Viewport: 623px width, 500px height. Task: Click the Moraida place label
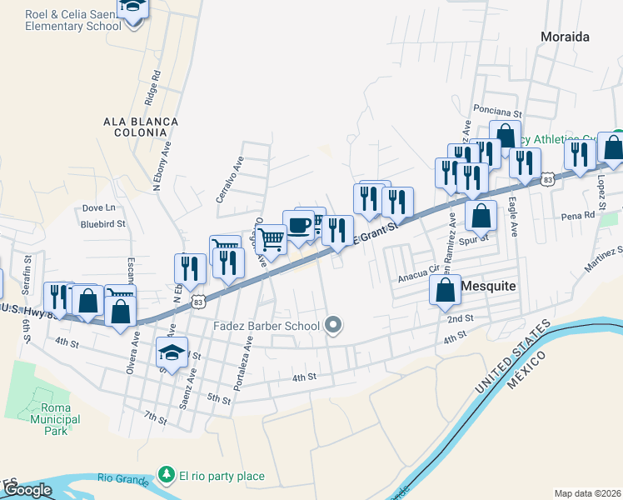(565, 37)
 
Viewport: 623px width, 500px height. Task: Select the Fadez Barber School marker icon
(334, 325)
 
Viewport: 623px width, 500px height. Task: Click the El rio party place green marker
(167, 476)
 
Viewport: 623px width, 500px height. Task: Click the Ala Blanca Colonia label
(141, 127)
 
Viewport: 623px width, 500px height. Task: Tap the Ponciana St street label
(496, 110)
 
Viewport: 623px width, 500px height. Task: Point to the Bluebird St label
(102, 223)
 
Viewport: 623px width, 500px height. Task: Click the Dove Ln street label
(98, 207)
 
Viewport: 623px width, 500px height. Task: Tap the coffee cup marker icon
(298, 225)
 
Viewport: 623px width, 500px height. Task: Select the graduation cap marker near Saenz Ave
(172, 352)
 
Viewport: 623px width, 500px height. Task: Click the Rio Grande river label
(122, 477)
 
